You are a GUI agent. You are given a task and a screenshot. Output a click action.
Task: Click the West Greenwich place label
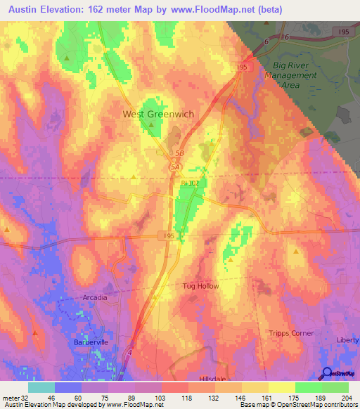click(158, 114)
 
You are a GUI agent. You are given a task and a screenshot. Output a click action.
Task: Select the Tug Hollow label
click(202, 286)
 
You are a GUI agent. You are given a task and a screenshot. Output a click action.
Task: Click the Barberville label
click(89, 342)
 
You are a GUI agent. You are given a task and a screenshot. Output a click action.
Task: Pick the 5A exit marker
click(176, 167)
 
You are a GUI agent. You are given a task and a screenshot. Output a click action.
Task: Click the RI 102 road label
click(190, 183)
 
